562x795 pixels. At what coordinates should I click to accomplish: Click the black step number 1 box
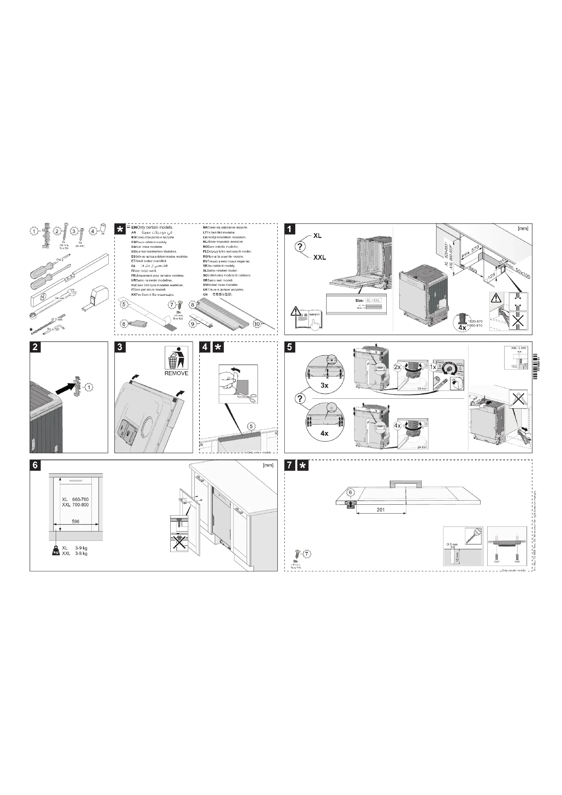(x=289, y=229)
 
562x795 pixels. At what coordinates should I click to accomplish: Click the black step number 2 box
(x=35, y=347)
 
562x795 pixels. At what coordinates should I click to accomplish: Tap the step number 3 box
(x=120, y=347)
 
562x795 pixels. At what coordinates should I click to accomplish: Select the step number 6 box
(x=35, y=465)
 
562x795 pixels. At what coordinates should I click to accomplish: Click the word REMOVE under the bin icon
(x=176, y=373)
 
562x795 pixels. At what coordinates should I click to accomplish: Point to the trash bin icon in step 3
(x=176, y=358)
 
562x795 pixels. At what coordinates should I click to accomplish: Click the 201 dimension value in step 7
(x=381, y=510)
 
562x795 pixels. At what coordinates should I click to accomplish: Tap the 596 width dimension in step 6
(x=75, y=521)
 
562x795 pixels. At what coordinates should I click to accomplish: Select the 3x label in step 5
(x=324, y=385)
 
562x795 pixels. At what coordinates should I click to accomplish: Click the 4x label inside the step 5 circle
(x=324, y=433)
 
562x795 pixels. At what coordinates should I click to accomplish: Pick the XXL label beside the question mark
(x=319, y=258)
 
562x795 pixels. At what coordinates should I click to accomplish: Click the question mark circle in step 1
(x=300, y=247)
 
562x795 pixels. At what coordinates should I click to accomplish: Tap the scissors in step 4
(x=252, y=398)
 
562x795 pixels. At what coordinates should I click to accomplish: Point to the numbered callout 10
(x=257, y=324)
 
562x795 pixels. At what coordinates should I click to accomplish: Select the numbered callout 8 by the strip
(x=192, y=305)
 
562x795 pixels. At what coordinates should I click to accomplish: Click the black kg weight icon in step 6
(x=55, y=551)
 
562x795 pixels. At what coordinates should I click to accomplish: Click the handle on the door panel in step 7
(x=406, y=484)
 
